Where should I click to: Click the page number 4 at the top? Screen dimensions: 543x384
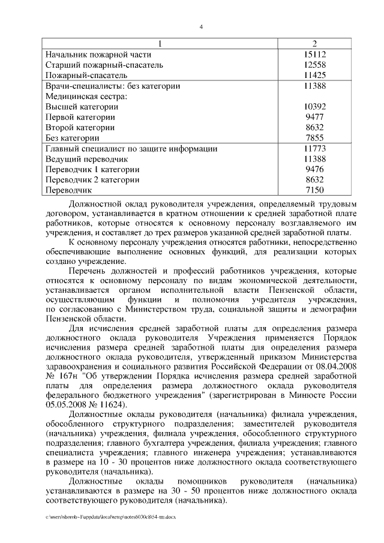[x=201, y=26]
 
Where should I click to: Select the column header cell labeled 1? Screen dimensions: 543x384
[x=160, y=44]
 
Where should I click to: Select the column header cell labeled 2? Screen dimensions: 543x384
[x=314, y=44]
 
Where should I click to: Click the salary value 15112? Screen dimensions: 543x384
[x=314, y=54]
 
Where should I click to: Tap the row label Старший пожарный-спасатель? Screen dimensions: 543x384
[x=104, y=65]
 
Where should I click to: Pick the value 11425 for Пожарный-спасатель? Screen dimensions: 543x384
[x=314, y=75]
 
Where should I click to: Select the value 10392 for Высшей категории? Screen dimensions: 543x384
[x=314, y=107]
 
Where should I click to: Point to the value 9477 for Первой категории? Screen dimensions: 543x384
[x=314, y=117]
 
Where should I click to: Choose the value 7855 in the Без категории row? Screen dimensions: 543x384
[x=314, y=138]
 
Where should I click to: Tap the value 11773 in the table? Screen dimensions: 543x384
[x=314, y=148]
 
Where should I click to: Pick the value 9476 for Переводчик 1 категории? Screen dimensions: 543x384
[x=314, y=169]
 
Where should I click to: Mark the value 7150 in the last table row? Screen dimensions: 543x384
[x=314, y=190]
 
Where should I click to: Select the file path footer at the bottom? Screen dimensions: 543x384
[x=110, y=516]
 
